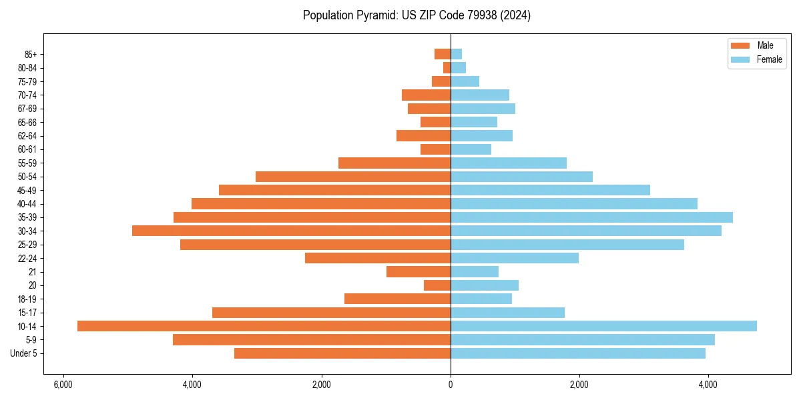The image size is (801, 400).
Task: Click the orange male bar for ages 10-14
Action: click(x=264, y=326)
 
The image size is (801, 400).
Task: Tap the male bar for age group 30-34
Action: click(x=291, y=231)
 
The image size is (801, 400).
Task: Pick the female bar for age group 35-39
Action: click(x=591, y=217)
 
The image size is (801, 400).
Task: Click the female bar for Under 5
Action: click(x=577, y=353)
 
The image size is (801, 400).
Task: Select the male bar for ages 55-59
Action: click(x=394, y=163)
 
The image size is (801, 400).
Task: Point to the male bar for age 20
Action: click(x=437, y=285)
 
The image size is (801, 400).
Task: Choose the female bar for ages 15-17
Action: click(x=507, y=313)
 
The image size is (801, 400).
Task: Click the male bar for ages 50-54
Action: click(x=353, y=177)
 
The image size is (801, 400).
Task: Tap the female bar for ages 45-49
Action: click(x=550, y=190)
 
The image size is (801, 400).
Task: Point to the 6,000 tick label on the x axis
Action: click(x=63, y=385)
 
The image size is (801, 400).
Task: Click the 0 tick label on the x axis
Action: click(x=451, y=385)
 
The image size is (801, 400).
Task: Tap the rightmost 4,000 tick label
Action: click(x=708, y=385)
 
